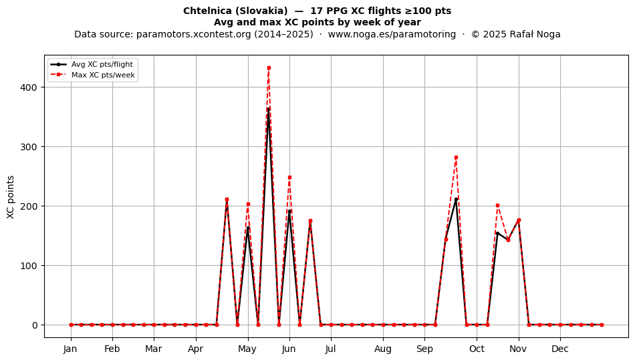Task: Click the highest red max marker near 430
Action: pos(269,68)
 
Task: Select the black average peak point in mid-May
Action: pos(269,110)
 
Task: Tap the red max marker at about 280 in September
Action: pos(456,158)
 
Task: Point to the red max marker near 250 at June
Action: pos(289,178)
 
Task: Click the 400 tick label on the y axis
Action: pos(29,87)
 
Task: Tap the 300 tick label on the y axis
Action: pos(29,147)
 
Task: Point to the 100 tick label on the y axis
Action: pos(29,266)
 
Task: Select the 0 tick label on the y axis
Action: pos(35,325)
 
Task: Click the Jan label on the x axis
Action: pos(70,349)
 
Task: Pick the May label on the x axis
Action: pos(247,349)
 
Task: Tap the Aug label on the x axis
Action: pos(383,349)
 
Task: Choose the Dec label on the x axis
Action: pos(560,349)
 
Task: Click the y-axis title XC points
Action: pos(11,197)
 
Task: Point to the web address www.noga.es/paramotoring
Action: pos(392,34)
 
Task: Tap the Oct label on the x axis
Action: pos(477,349)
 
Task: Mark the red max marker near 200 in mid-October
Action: pos(498,206)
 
